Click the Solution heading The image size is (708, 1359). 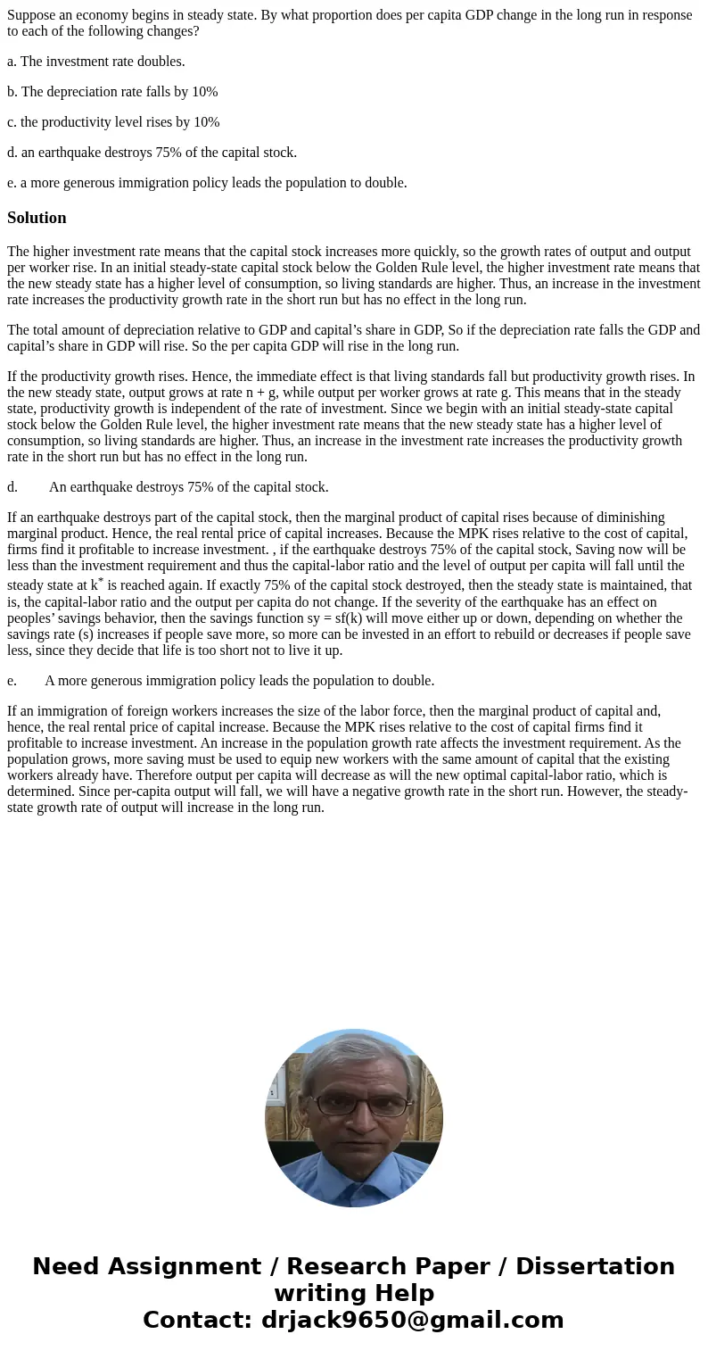coord(37,218)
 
